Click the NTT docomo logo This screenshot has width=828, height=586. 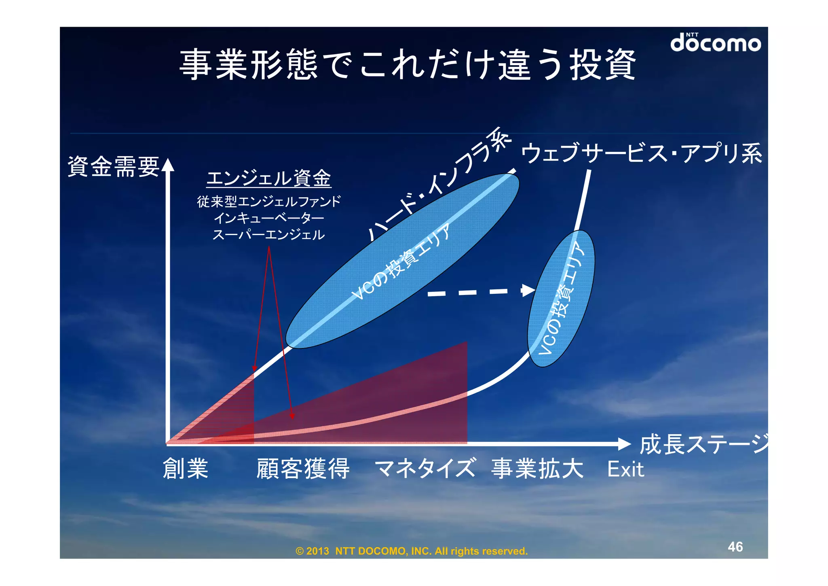(x=715, y=42)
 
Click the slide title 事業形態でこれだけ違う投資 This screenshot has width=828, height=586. (x=408, y=65)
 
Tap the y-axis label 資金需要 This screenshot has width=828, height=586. (x=114, y=166)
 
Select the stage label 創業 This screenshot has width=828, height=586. (x=186, y=469)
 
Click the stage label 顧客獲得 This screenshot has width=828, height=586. (x=303, y=469)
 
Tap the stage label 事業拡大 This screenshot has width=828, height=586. (x=537, y=469)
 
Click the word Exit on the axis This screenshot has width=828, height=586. (x=625, y=469)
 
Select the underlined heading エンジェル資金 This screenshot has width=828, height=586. (x=269, y=178)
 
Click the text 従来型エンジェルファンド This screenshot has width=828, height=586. (x=269, y=201)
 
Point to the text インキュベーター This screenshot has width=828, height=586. (x=269, y=218)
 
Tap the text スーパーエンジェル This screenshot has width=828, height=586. (x=269, y=235)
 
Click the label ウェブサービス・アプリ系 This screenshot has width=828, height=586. (x=641, y=153)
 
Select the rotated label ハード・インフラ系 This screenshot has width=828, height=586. (x=439, y=184)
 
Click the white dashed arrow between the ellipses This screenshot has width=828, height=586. (x=481, y=292)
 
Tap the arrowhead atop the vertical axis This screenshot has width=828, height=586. (x=168, y=165)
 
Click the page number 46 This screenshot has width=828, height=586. (x=735, y=547)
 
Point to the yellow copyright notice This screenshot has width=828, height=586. (x=412, y=551)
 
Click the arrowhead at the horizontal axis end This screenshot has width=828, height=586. (x=624, y=444)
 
